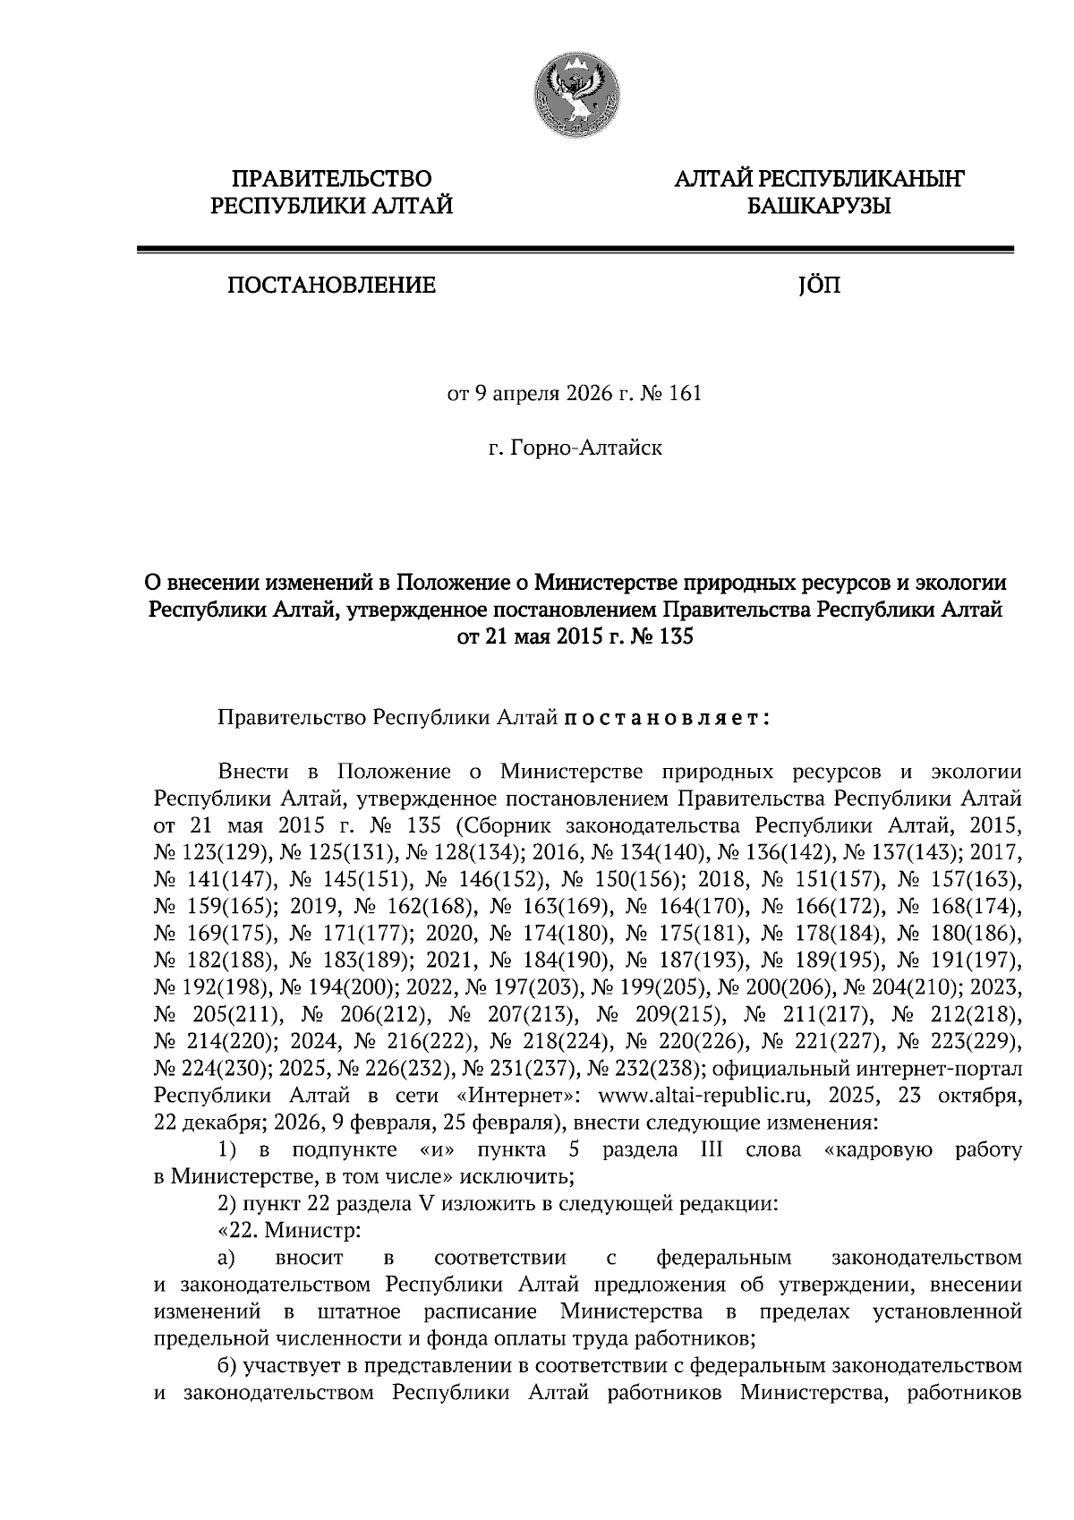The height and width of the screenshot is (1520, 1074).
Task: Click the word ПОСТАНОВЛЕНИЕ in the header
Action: [x=332, y=286]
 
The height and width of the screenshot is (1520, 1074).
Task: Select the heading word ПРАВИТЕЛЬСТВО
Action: [x=332, y=180]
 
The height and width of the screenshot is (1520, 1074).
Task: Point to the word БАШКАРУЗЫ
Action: [x=818, y=208]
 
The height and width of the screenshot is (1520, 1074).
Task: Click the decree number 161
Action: [x=686, y=394]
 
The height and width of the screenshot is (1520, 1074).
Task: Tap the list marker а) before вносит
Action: [x=226, y=1258]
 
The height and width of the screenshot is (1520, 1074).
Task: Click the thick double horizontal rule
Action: [x=575, y=250]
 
